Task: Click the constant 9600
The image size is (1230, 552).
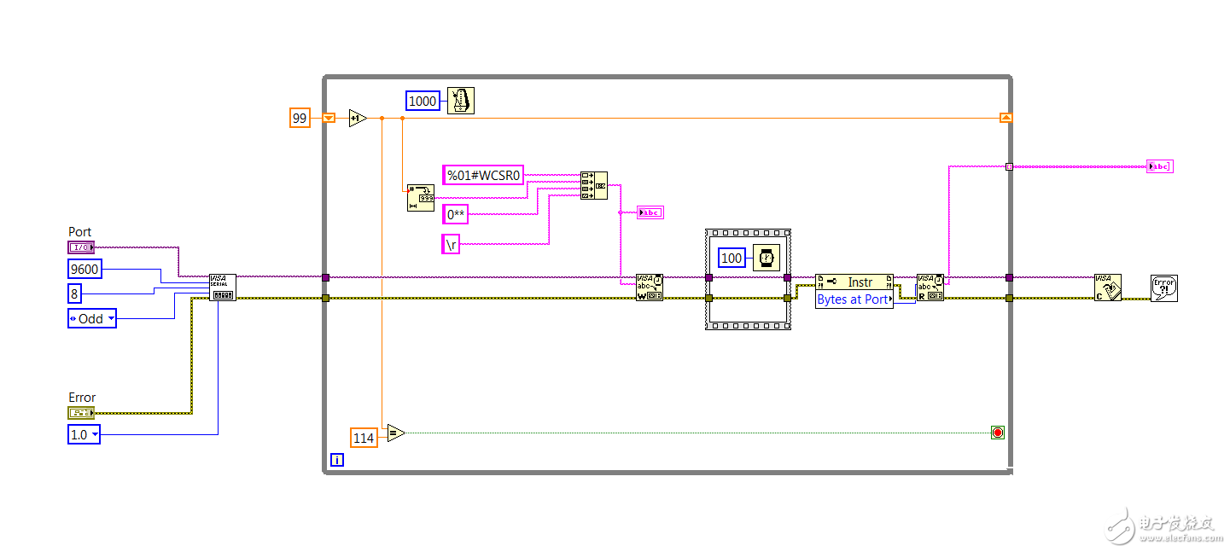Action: pyautogui.click(x=85, y=269)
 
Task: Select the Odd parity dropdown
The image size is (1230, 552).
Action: pyautogui.click(x=92, y=318)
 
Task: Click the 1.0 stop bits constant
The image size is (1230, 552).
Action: pyautogui.click(x=84, y=434)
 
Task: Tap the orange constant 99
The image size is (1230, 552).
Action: pyautogui.click(x=300, y=118)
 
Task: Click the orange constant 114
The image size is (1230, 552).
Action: pyautogui.click(x=364, y=438)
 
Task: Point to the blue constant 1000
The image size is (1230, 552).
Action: pyautogui.click(x=423, y=101)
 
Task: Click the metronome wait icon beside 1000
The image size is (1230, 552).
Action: pyautogui.click(x=460, y=101)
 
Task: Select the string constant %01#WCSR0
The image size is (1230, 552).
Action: pyautogui.click(x=483, y=175)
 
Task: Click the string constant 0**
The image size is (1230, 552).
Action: pyautogui.click(x=455, y=214)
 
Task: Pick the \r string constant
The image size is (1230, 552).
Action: pyautogui.click(x=451, y=244)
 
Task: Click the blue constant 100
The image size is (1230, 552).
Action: pyautogui.click(x=732, y=258)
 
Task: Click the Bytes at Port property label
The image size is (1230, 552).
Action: pyautogui.click(x=854, y=299)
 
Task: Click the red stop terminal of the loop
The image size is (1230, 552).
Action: pyautogui.click(x=997, y=433)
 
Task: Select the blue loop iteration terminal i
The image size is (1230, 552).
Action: pyautogui.click(x=337, y=460)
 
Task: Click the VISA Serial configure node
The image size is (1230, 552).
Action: pyautogui.click(x=223, y=288)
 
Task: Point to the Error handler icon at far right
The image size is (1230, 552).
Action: pyautogui.click(x=1163, y=288)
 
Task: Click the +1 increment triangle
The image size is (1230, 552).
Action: pyautogui.click(x=358, y=118)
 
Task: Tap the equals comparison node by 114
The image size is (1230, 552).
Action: pyautogui.click(x=394, y=433)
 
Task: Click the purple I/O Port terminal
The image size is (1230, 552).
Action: pyautogui.click(x=81, y=247)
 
